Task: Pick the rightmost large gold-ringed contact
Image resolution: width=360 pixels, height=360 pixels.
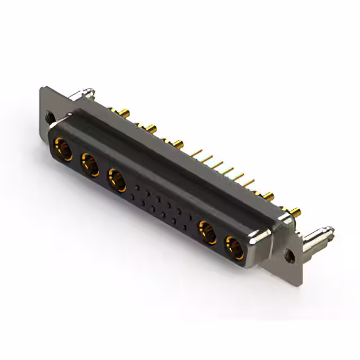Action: (x=235, y=247)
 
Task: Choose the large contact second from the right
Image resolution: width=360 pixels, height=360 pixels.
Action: (x=207, y=232)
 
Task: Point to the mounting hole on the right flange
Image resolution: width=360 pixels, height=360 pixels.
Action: (x=291, y=254)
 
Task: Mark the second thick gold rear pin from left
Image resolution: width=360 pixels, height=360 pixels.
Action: (x=151, y=129)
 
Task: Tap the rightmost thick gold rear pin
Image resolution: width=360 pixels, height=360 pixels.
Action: (x=295, y=214)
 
